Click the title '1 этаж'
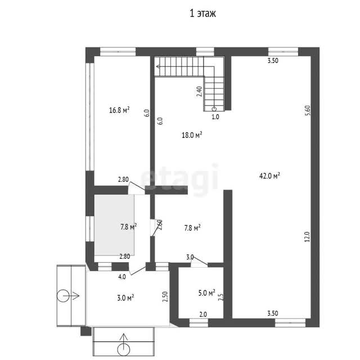202,13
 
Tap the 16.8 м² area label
119,110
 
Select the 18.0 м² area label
192,135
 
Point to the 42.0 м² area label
269,175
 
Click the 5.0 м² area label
206,292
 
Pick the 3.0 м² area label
125,298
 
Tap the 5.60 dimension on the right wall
308,110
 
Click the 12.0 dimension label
308,237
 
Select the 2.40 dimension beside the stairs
199,91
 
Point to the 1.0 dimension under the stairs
215,117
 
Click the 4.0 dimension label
122,277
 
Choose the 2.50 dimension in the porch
165,296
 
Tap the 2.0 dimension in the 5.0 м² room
203,314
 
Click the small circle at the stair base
214,109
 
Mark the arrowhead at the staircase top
158,66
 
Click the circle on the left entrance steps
62,296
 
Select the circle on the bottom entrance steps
124,350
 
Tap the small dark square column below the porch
86,331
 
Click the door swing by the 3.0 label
199,262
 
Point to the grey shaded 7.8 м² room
114,225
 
